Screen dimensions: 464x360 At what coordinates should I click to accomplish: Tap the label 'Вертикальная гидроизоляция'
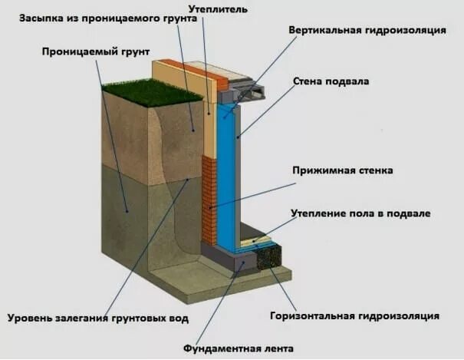coord(367,30)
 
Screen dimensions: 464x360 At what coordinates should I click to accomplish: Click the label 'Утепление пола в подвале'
coord(360,213)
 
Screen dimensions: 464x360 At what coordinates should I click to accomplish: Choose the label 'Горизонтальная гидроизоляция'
coord(354,315)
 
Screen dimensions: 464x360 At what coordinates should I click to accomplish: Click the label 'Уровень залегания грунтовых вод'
coord(97,318)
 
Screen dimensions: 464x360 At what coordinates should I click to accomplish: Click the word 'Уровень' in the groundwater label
coord(29,318)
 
